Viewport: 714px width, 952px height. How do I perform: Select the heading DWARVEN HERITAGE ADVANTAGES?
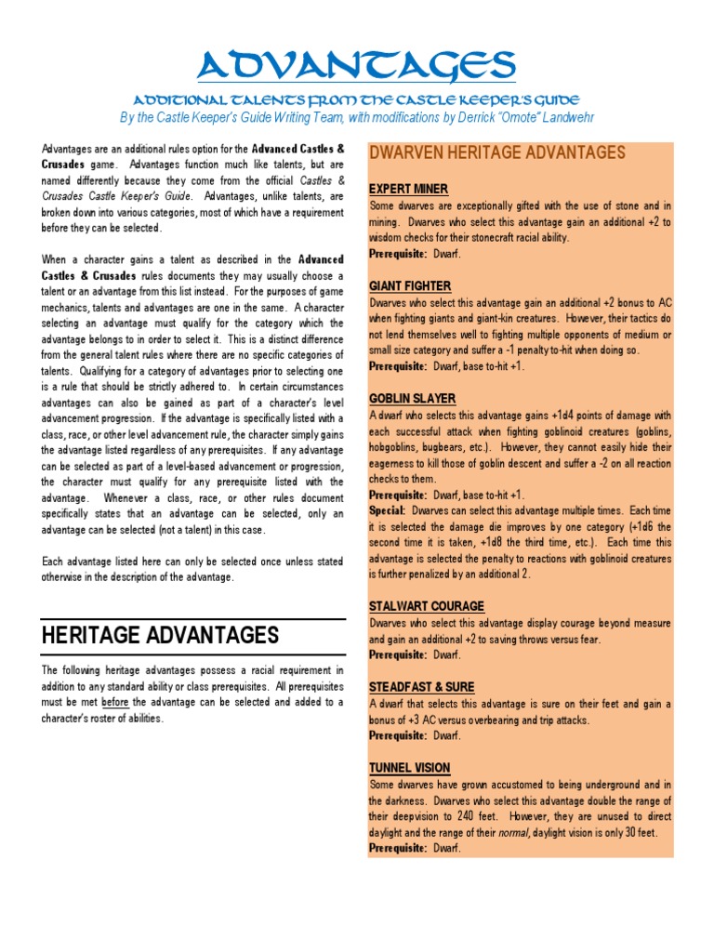pos(497,152)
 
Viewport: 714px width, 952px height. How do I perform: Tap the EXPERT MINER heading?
pos(409,189)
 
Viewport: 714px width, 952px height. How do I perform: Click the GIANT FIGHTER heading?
pos(410,286)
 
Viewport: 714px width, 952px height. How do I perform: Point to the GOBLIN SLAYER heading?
pos(410,399)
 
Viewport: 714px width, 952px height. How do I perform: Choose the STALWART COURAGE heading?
pos(426,606)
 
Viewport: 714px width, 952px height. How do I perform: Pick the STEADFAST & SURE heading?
pos(421,687)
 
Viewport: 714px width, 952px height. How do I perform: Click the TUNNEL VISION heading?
pos(409,768)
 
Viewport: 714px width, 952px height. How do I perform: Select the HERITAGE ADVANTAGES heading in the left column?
pos(160,635)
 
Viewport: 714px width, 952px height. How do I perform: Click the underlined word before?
pos(114,702)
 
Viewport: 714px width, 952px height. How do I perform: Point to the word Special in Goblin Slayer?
pos(386,511)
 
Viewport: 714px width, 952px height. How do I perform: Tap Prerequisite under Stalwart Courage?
pos(398,655)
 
